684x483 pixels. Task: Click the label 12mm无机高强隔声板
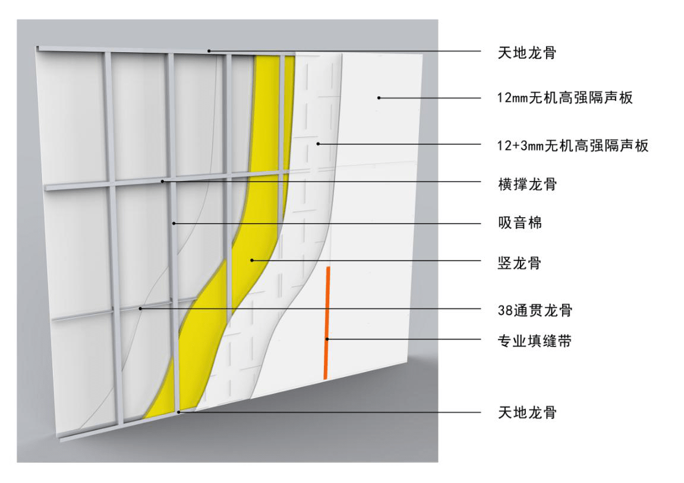coord(565,97)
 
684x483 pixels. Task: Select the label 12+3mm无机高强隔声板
coord(573,145)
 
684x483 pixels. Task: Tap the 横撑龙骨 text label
coord(527,184)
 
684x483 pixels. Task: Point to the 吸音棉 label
coord(520,223)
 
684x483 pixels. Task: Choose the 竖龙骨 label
coord(519,263)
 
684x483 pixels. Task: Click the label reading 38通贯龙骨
coord(535,310)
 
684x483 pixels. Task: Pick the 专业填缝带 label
coord(534,341)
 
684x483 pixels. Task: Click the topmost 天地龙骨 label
coord(527,53)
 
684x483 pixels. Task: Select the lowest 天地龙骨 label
coord(527,412)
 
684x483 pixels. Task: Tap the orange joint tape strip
coord(327,323)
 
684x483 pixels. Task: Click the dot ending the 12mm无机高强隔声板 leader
coord(379,97)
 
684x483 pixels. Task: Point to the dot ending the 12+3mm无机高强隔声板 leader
coord(318,144)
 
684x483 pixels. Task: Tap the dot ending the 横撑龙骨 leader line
coord(162,181)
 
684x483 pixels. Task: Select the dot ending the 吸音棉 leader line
coord(173,224)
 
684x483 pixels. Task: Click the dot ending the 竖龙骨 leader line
coord(252,260)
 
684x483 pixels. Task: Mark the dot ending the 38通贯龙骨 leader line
coord(140,309)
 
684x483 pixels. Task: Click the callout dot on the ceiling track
coord(209,51)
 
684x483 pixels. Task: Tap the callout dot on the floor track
coord(179,412)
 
